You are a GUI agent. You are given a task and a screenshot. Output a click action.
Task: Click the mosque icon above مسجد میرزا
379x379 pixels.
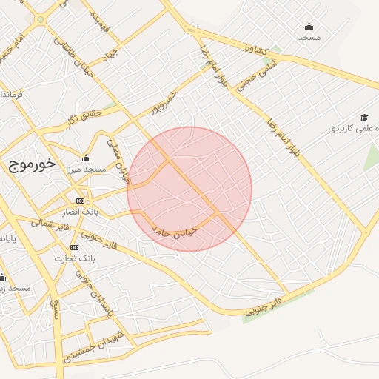pyautogui.click(x=87, y=158)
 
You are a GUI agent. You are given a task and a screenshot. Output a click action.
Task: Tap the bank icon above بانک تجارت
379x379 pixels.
pyautogui.click(x=74, y=246)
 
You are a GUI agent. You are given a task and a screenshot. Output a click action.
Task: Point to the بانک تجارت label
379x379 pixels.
pyautogui.click(x=76, y=258)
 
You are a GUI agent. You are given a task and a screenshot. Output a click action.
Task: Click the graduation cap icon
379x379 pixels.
pyautogui.click(x=364, y=118)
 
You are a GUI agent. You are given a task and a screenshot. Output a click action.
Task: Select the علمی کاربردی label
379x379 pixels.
pyautogui.click(x=354, y=129)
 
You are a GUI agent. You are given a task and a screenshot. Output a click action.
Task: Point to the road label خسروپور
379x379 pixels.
pyautogui.click(x=163, y=104)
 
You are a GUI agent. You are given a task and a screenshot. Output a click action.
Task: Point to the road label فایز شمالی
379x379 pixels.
pyautogui.click(x=50, y=223)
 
